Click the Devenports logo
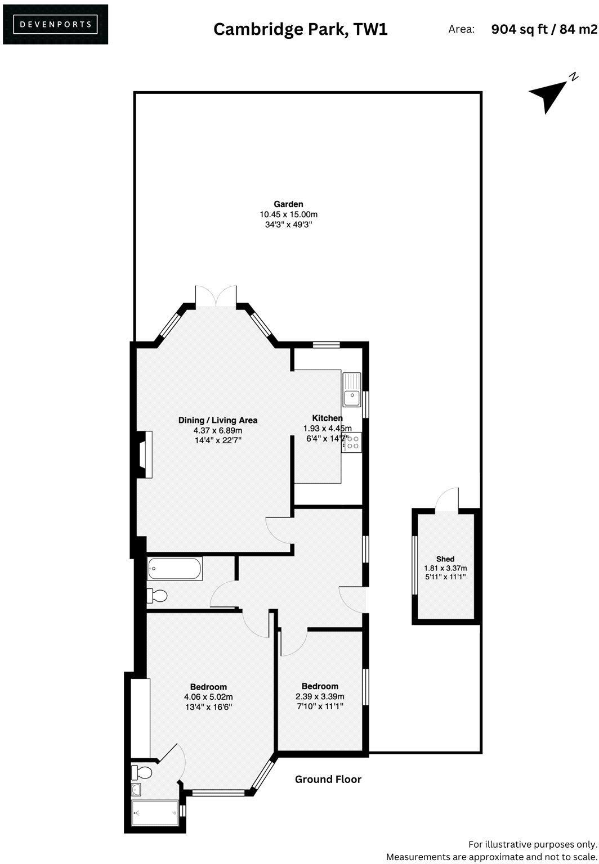click(x=55, y=24)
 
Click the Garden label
click(x=288, y=204)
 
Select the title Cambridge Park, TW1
click(x=300, y=29)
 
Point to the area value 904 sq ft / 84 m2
click(x=544, y=29)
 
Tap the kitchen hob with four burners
click(x=353, y=441)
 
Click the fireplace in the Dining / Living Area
click(x=145, y=454)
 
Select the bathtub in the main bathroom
click(x=175, y=569)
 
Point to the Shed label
click(x=445, y=559)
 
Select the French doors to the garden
click(x=216, y=297)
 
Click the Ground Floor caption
click(x=328, y=779)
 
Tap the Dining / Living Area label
click(x=218, y=420)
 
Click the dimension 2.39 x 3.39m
click(x=320, y=696)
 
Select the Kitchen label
click(x=327, y=418)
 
